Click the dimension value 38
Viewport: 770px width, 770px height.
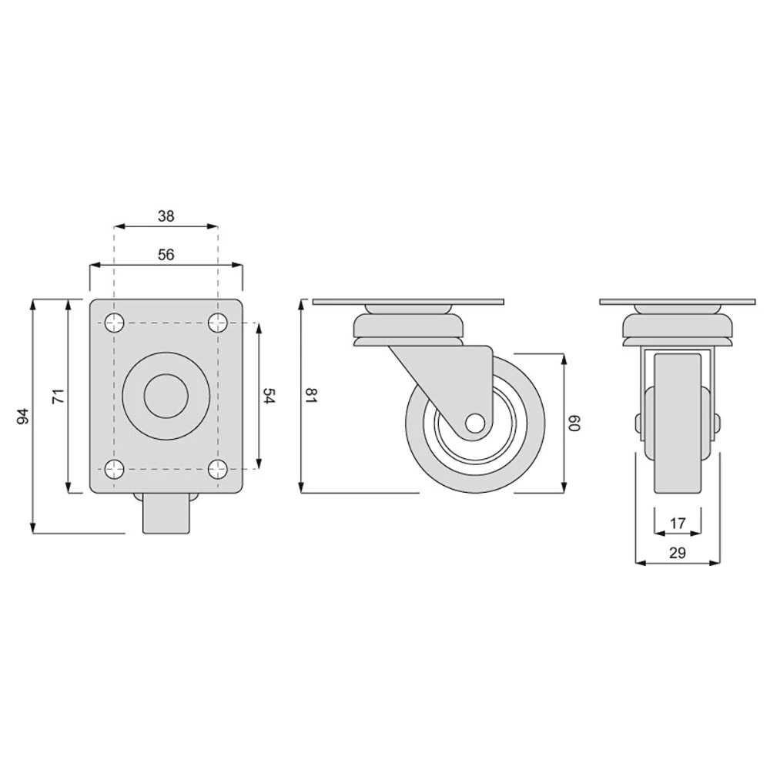click(x=166, y=216)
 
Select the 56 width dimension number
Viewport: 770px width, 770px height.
click(x=166, y=254)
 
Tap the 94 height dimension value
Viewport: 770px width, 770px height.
click(x=24, y=417)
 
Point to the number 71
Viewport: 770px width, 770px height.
click(x=59, y=397)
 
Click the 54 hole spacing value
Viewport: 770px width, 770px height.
click(x=269, y=396)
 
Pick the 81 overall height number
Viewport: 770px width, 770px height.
click(x=312, y=396)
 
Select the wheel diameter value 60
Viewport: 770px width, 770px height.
click(x=574, y=423)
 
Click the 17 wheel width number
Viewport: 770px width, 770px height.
click(x=678, y=524)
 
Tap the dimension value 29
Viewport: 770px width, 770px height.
click(x=678, y=553)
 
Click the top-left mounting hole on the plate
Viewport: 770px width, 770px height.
click(x=115, y=323)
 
